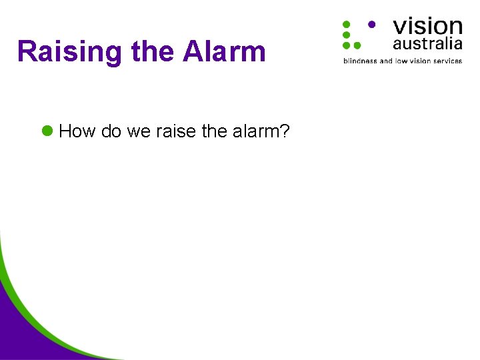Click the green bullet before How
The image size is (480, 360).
[47, 131]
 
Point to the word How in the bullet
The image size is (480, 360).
[77, 131]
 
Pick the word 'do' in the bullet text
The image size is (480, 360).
[111, 131]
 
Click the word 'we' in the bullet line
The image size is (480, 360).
[139, 131]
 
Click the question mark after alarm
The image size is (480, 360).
[285, 131]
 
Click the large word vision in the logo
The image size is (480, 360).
[427, 26]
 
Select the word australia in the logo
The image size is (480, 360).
[427, 44]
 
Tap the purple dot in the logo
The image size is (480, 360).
[371, 23]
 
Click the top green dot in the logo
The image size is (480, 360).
[347, 24]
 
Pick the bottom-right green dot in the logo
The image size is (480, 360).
[357, 45]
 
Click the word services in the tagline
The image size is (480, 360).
[446, 61]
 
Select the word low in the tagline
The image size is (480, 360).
[401, 61]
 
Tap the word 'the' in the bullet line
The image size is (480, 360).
[214, 131]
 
